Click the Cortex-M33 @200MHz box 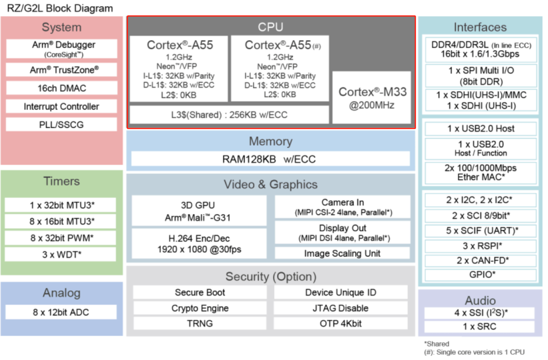coord(372,97)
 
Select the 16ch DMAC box coord(61,88)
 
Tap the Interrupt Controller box coord(61,106)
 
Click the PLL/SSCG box coord(61,125)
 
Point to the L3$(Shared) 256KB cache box coord(229,115)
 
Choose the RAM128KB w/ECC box coord(270,159)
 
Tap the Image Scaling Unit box coord(342,253)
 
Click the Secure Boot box coord(200,293)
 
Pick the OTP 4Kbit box coord(340,323)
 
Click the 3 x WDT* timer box coord(61,254)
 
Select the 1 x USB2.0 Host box coord(481,129)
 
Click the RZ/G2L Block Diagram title coord(60,9)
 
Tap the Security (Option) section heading coord(270,277)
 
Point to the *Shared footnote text coord(437,344)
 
